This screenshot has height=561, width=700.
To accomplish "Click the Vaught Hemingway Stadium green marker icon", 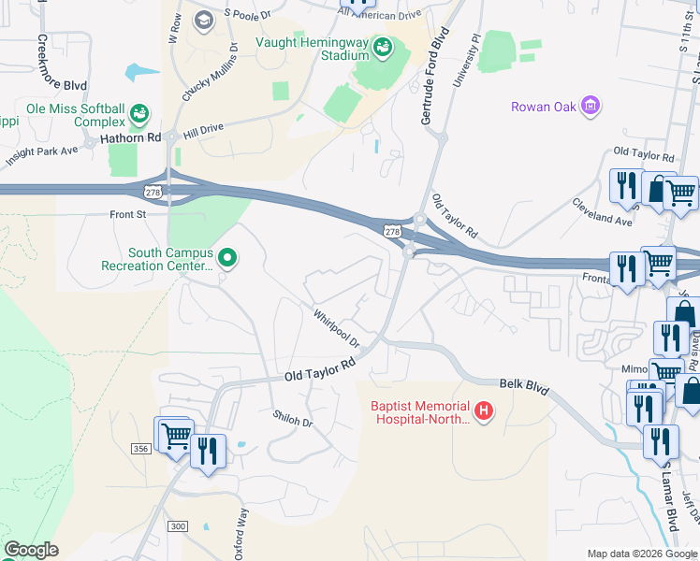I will (x=382, y=47).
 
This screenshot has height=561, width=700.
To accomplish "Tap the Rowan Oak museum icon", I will (x=591, y=106).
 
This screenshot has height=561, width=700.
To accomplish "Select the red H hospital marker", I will (x=484, y=410).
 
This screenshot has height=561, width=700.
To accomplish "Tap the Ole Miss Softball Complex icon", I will (x=139, y=114).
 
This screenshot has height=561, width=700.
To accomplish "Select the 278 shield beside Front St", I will (x=153, y=192).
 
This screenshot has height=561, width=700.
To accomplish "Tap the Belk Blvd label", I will (x=522, y=387).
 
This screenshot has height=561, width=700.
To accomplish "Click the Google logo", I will (x=31, y=550).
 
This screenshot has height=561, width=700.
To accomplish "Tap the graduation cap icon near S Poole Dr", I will (x=203, y=20).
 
